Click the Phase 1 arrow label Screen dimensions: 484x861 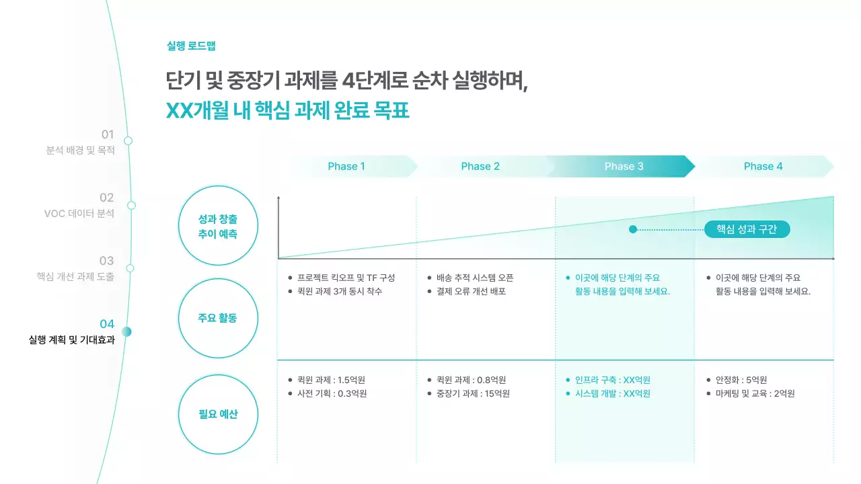[346, 167]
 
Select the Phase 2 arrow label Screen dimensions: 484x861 [480, 167]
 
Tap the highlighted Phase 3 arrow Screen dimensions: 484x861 [624, 167]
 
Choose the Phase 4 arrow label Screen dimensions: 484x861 [763, 167]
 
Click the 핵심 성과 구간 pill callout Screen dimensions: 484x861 [747, 229]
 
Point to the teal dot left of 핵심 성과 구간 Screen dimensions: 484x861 [633, 229]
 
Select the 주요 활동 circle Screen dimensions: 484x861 [218, 318]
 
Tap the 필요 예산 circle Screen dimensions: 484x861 [218, 414]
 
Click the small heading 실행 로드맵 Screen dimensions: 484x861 [191, 46]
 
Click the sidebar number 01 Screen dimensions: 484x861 [108, 134]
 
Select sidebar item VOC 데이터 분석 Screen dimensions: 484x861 [79, 214]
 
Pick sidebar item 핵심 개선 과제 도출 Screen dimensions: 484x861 [75, 277]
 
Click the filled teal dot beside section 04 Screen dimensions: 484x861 [126, 331]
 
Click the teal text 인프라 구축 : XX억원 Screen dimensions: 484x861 [613, 380]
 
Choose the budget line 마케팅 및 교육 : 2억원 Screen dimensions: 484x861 [755, 393]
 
